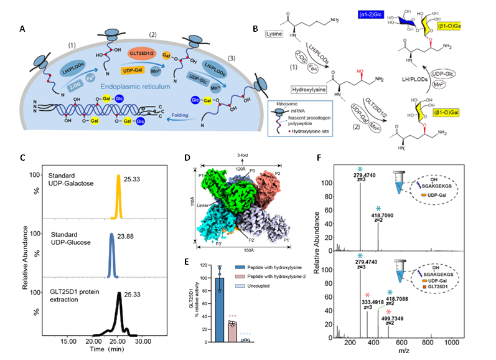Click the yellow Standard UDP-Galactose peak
pyautogui.click(x=118, y=198)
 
